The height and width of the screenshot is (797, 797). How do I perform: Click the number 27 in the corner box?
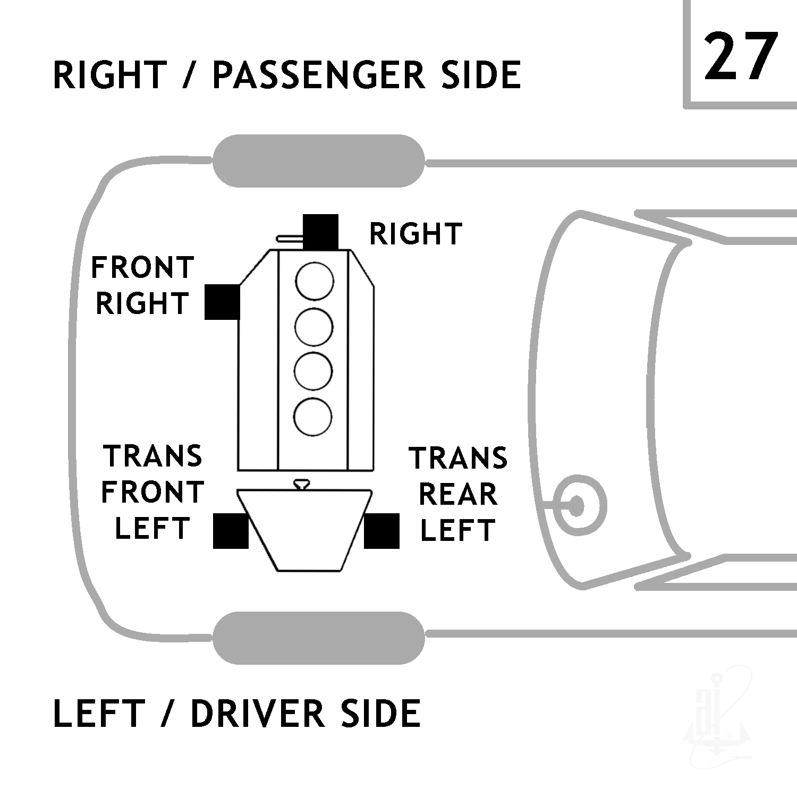[740, 56]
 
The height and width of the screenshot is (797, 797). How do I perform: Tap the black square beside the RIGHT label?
[320, 232]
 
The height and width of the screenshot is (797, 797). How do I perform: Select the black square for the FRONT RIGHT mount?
[222, 301]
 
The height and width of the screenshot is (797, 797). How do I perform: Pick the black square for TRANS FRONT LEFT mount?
[231, 531]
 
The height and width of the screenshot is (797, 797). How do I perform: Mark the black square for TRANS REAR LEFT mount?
[381, 531]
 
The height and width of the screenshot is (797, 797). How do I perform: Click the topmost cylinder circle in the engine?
[315, 281]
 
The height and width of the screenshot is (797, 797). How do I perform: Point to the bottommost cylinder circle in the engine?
[313, 416]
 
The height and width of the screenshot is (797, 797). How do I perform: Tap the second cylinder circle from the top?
[314, 327]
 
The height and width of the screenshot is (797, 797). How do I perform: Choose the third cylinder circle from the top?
[313, 371]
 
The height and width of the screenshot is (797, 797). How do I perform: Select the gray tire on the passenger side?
[319, 161]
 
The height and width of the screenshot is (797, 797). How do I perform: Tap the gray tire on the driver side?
[319, 638]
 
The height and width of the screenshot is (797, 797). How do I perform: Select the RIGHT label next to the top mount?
[416, 234]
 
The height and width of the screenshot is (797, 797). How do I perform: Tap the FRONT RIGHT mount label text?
[142, 285]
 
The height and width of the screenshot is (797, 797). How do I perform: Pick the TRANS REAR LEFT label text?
[458, 494]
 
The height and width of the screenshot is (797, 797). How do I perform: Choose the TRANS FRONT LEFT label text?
[153, 492]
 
